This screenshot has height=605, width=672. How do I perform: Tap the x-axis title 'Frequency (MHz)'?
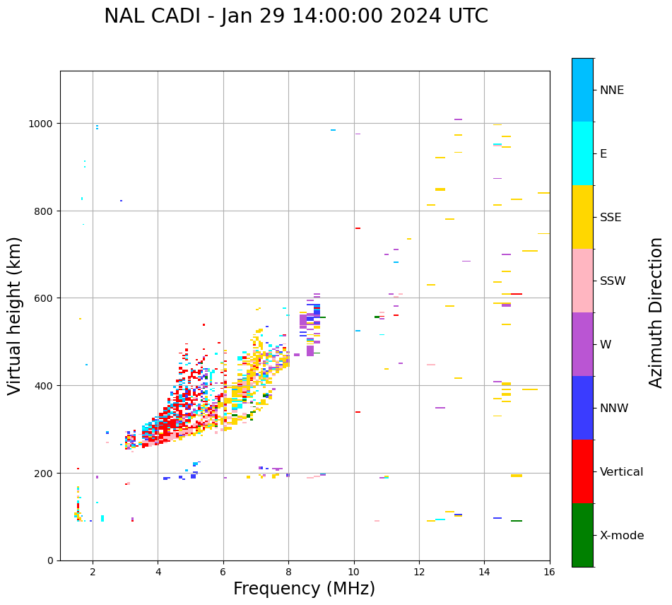coord(304,589)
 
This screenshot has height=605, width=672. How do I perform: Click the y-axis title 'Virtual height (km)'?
coord(16,316)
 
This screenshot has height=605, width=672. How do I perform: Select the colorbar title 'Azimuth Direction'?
coord(656,312)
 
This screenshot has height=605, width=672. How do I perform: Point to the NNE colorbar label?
coord(612,90)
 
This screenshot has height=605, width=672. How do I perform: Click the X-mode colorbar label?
coord(622,536)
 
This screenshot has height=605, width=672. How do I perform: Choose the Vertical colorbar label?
coord(622,472)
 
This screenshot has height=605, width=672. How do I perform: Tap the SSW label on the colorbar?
coord(613,281)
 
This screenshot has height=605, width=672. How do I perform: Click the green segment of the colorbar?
coord(582,535)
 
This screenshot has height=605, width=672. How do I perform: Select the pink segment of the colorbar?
coord(582,281)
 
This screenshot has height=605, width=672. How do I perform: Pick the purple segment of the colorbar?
coord(582,344)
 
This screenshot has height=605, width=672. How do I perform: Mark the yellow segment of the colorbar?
coord(582,217)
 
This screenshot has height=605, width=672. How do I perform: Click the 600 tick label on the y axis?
coord(46,298)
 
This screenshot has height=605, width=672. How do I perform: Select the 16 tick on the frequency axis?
coord(550,572)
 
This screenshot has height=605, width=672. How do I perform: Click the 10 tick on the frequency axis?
coord(354,572)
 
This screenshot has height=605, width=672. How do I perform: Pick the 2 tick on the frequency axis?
coord(93,572)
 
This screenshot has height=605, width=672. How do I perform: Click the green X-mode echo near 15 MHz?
coord(517,521)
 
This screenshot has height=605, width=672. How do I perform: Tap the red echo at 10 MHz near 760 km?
coord(358,228)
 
